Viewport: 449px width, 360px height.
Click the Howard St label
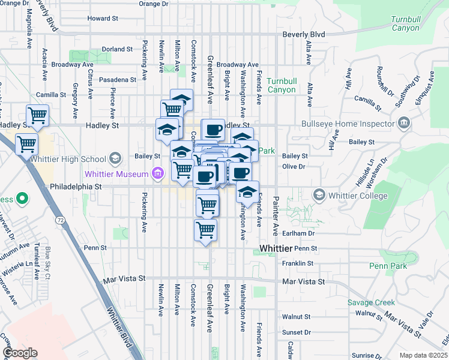[103, 19]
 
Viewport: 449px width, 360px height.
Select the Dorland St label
[117, 49]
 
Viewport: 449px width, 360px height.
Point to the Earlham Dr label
[298, 233]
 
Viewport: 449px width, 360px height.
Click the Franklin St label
[298, 263]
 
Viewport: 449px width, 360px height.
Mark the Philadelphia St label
[78, 187]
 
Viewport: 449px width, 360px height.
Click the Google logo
[20, 353]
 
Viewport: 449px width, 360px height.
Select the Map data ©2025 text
[423, 355]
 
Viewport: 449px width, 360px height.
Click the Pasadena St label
[118, 79]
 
